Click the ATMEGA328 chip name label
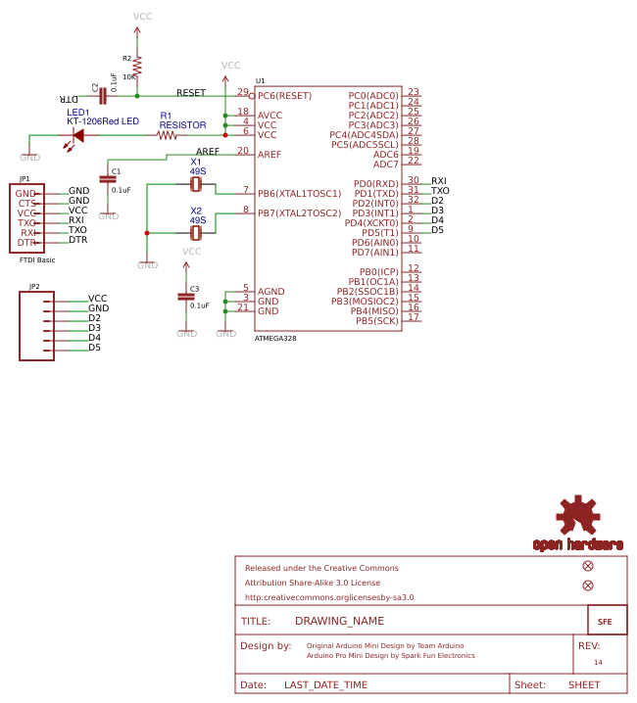coord(275,338)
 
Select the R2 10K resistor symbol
coord(136,65)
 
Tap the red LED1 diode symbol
coord(77,135)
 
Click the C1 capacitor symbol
coord(108,180)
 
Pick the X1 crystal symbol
coord(196,184)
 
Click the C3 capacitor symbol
coord(186,296)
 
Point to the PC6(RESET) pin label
coord(284,96)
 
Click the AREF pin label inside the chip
coord(269,155)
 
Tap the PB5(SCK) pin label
coord(377,321)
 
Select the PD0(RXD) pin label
coord(375,184)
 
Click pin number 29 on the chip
coord(242,92)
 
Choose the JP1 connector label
coord(24,179)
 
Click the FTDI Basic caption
coord(37,260)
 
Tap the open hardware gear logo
coord(577,515)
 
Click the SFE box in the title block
coord(605,621)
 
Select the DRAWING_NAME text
coord(339,621)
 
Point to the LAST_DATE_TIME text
coord(325,685)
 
